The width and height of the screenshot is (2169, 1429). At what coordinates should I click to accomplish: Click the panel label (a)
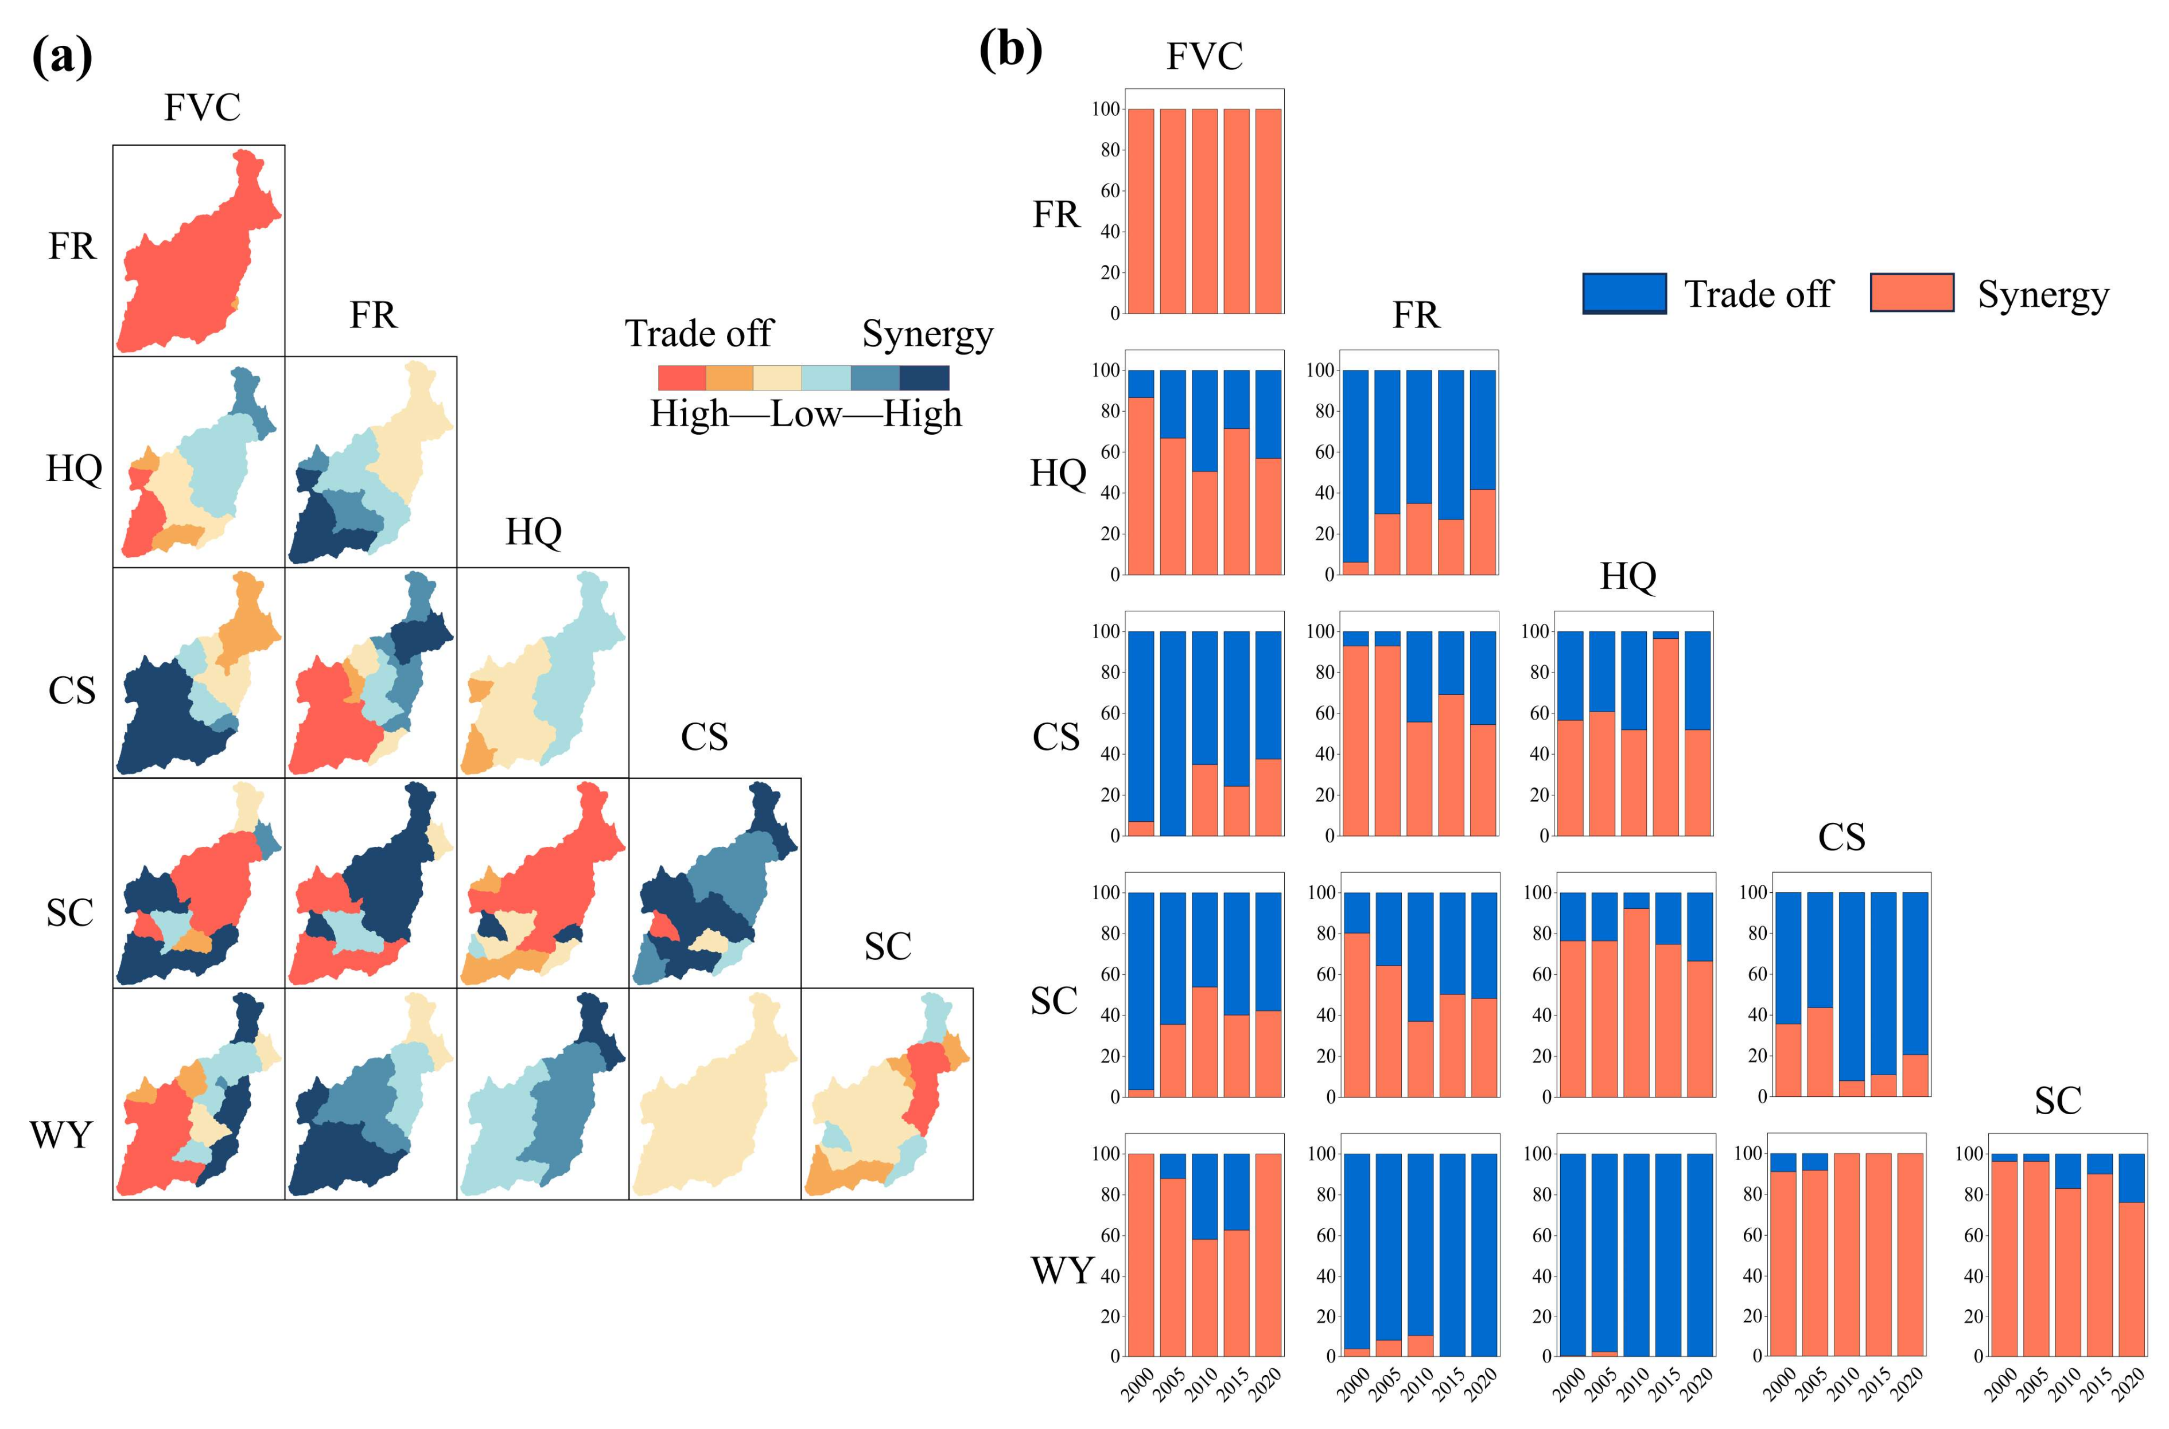62,57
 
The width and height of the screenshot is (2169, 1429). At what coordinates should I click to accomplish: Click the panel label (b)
1010,50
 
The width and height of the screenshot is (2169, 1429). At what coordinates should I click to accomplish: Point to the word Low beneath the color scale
805,415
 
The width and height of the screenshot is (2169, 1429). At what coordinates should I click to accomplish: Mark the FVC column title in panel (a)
203,108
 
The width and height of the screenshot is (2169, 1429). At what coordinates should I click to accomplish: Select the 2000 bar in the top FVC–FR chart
1141,212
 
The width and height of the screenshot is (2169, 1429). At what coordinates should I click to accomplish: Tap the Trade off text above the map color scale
698,334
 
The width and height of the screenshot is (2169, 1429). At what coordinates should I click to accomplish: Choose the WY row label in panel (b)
1061,1270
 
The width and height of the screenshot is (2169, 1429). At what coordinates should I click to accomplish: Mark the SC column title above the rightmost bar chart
2058,1101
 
